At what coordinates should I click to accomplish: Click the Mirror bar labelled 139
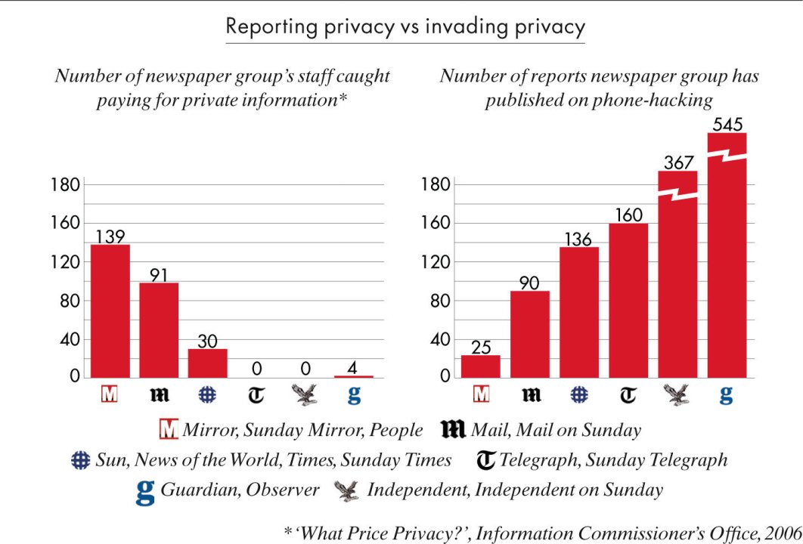(x=110, y=311)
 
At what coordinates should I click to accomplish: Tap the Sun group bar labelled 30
(x=207, y=363)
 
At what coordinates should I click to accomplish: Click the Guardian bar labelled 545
(x=727, y=257)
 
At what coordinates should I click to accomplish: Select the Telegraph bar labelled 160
(x=628, y=300)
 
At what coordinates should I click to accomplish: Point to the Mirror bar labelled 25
(x=481, y=366)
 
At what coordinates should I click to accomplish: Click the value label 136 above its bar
(x=578, y=238)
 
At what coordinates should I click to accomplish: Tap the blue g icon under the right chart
(x=726, y=394)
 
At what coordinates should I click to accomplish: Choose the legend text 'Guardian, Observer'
(x=239, y=490)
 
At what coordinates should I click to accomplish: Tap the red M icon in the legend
(x=171, y=430)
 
